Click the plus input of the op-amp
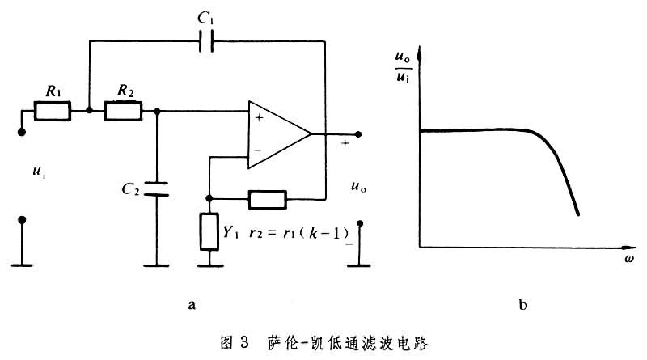click(x=258, y=119)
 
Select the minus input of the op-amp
click(x=258, y=150)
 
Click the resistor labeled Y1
click(x=209, y=231)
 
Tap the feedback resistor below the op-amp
click(x=267, y=198)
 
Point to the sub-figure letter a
click(x=191, y=305)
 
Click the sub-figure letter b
click(x=524, y=305)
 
